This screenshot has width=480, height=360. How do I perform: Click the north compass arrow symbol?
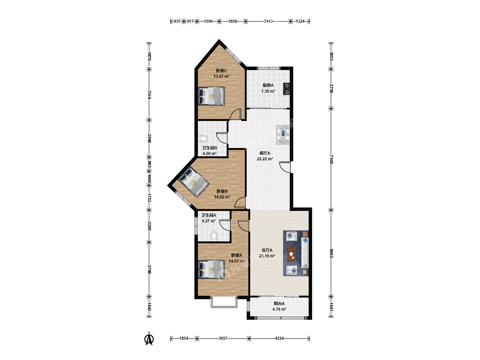point(149,339)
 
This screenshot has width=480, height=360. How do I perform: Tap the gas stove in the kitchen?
point(286,89)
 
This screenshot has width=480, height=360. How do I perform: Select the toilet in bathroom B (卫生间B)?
point(203,139)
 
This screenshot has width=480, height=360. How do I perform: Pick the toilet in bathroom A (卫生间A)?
point(214,237)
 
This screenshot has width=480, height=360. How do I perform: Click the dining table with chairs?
point(283,135)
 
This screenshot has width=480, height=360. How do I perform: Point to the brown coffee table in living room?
point(292,253)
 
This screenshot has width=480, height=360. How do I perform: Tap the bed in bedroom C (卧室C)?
point(211,96)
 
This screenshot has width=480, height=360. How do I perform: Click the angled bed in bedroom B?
point(194,181)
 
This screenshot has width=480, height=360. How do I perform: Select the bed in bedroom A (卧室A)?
point(211,269)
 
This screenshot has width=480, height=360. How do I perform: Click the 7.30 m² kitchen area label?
point(268,91)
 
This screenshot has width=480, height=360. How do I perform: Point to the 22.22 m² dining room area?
point(265,159)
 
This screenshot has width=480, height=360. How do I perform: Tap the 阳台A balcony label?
point(279,304)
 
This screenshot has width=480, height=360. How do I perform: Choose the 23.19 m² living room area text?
point(267,256)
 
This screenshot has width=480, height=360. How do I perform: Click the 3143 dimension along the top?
point(268,21)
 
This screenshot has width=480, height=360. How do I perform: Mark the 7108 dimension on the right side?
point(331,159)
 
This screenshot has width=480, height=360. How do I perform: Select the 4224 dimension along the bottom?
point(279,338)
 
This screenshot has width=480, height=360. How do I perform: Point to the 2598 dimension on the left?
point(149,138)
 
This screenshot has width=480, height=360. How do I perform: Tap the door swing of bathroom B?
point(222,138)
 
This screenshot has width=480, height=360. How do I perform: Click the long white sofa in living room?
point(305,253)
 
